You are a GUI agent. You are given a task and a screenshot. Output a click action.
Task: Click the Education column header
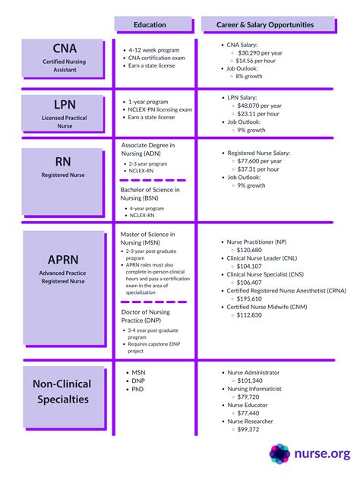(x=150, y=25)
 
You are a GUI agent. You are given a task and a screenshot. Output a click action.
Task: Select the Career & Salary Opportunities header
(x=270, y=25)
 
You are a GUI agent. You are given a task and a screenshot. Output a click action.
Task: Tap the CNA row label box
(x=63, y=57)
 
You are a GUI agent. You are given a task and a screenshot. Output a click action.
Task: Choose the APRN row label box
(x=63, y=267)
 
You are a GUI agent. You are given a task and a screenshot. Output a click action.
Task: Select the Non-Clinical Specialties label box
(x=63, y=391)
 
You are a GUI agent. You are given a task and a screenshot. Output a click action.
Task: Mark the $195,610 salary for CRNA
(x=249, y=298)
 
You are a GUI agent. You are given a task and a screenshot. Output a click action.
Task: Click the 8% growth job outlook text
(x=251, y=77)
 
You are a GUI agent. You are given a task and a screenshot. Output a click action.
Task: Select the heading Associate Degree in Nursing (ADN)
(x=148, y=148)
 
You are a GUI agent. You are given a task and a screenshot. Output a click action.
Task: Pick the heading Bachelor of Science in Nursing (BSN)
(x=150, y=194)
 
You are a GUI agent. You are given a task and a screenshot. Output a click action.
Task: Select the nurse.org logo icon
(x=279, y=453)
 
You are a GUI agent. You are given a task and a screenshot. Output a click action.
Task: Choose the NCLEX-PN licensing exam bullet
(x=159, y=109)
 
